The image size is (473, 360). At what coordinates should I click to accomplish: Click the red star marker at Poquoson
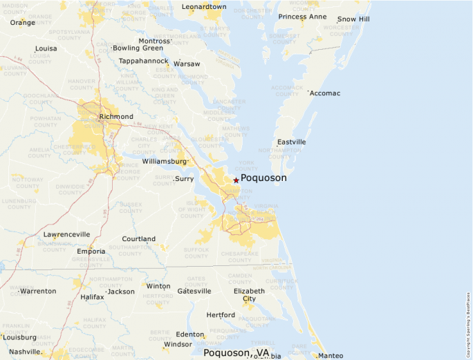tap(236, 180)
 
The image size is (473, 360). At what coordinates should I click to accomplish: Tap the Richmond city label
tap(116, 117)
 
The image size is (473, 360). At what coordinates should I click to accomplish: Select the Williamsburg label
tap(165, 161)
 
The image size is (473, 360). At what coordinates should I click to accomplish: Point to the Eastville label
tap(291, 142)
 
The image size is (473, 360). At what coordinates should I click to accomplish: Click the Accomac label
tap(325, 93)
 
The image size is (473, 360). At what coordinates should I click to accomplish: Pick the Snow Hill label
tap(354, 19)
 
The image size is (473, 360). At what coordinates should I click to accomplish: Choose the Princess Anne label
tap(302, 17)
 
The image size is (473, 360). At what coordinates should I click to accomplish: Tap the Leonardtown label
tap(204, 7)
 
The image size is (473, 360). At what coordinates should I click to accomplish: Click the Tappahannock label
tap(143, 61)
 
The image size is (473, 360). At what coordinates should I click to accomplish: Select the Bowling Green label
tap(138, 48)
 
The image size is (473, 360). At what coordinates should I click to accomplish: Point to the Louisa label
tap(46, 49)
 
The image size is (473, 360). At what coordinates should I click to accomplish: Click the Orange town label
tap(23, 22)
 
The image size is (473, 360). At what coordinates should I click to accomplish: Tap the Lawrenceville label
tap(66, 235)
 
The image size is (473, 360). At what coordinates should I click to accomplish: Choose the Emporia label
tap(91, 251)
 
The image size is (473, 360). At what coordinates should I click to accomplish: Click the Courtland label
tap(139, 239)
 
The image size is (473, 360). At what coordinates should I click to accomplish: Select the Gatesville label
tap(194, 292)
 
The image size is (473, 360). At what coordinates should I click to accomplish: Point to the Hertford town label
tap(221, 315)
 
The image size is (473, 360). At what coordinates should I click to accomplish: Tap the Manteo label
tap(331, 356)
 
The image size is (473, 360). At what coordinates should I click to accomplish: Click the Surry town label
tap(185, 179)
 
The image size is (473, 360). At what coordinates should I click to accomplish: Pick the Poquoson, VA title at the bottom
tap(236, 352)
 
